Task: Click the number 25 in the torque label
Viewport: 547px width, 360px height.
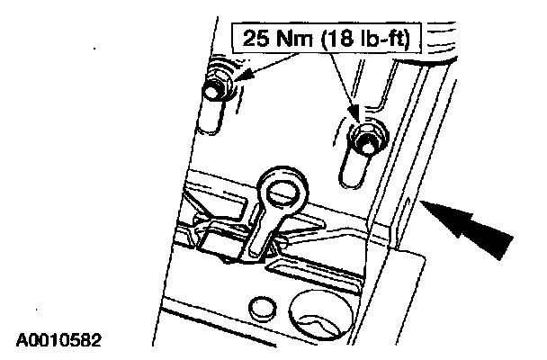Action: [x=256, y=38]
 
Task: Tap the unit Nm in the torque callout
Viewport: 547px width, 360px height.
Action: [x=295, y=38]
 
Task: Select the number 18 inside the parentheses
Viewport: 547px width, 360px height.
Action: [x=339, y=38]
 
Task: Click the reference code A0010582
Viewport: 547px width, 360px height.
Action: [x=58, y=340]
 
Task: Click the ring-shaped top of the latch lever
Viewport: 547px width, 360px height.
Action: [x=282, y=191]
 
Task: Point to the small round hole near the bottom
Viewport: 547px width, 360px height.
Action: [x=263, y=308]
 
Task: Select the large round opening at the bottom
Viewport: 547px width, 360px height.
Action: [x=321, y=315]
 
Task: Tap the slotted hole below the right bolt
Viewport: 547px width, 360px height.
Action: [x=355, y=170]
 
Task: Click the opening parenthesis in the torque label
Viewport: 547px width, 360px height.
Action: [x=323, y=38]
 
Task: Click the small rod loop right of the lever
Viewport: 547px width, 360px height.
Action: [x=282, y=242]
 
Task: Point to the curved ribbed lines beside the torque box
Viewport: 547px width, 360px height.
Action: [x=442, y=39]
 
